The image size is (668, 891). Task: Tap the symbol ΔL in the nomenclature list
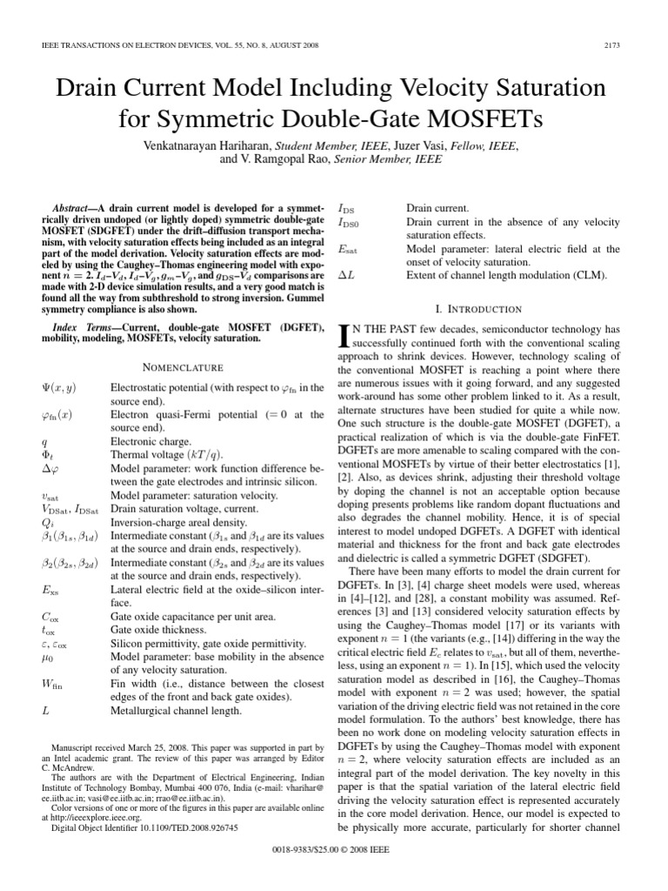[x=346, y=276]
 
